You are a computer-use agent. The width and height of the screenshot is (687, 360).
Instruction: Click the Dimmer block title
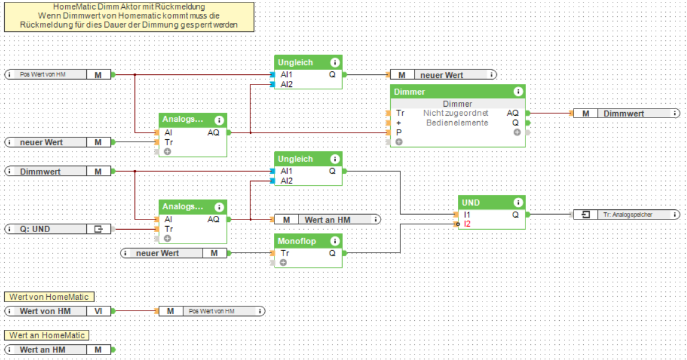tap(410, 92)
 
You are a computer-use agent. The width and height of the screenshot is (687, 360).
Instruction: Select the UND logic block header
tap(470, 203)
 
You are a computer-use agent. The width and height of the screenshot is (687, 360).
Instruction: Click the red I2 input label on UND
tap(467, 224)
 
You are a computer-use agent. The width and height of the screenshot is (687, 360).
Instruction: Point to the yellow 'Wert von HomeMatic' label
tap(49, 297)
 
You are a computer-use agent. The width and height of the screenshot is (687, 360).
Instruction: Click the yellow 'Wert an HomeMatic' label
tap(48, 335)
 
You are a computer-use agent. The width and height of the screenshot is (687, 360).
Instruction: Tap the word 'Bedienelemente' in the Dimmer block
tap(457, 122)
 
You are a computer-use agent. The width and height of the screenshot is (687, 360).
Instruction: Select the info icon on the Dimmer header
tap(518, 92)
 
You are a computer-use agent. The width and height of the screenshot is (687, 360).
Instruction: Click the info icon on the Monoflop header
tap(335, 241)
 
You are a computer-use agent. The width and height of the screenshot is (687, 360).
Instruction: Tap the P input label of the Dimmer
tap(399, 132)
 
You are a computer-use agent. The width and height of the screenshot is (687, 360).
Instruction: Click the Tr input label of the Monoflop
tap(285, 253)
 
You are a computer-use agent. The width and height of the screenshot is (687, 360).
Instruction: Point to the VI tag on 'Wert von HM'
tap(98, 311)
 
